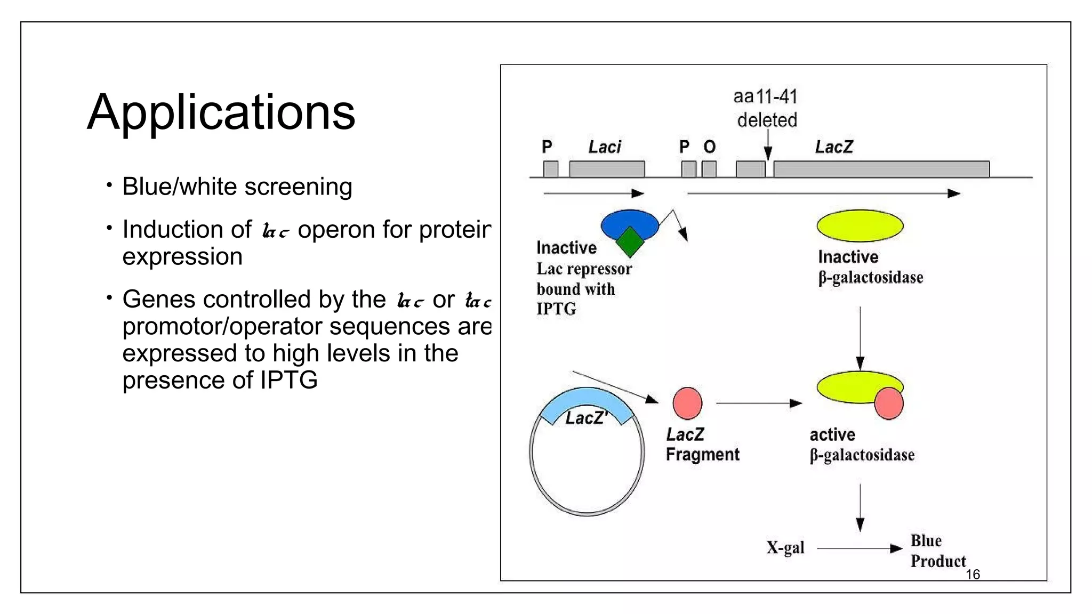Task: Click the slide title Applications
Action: (221, 112)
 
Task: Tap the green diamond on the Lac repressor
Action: (630, 242)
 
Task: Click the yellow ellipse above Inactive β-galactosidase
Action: (860, 225)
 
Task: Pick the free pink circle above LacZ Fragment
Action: (687, 403)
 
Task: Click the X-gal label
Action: (785, 548)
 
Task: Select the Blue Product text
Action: (937, 551)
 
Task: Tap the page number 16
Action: (973, 575)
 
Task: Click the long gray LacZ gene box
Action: (881, 169)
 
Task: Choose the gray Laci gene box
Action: (607, 169)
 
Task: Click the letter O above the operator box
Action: (709, 147)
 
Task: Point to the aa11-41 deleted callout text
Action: (766, 108)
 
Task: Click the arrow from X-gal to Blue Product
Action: (859, 548)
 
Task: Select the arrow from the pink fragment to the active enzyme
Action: (759, 403)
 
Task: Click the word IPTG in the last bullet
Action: (288, 381)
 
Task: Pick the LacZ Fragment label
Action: (702, 445)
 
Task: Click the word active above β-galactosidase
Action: (832, 435)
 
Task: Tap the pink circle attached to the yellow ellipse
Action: (889, 403)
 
